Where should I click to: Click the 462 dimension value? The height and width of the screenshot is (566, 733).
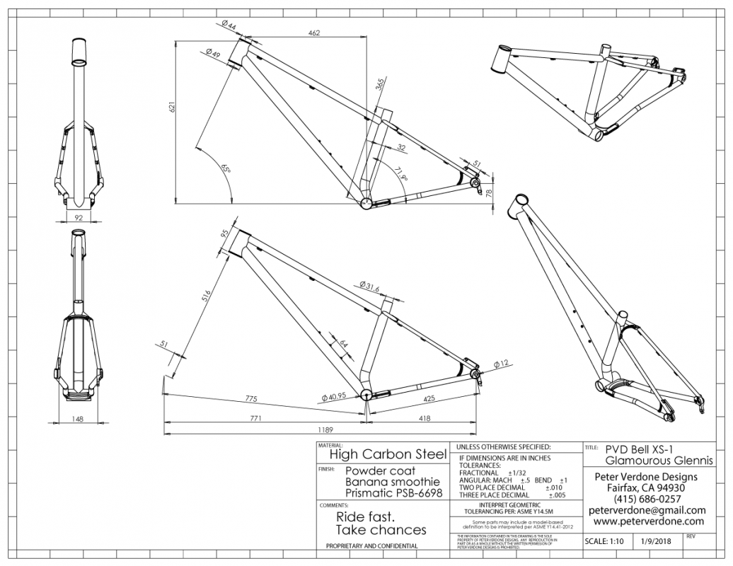pos(314,33)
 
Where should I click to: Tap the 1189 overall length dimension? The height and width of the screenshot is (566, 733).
pos(325,429)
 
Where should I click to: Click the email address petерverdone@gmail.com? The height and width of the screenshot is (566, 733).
pos(647,509)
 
